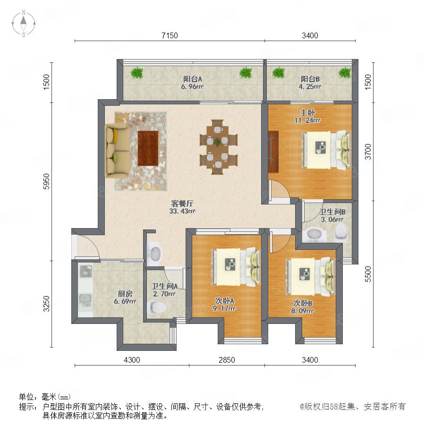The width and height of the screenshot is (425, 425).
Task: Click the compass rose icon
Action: click(24, 23)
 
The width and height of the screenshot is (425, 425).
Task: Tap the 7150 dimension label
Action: click(170, 35)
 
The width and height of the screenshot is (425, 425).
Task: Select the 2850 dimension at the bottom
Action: click(227, 360)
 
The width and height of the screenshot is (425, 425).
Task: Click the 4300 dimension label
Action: click(132, 360)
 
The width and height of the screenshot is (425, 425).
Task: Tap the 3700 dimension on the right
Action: click(368, 152)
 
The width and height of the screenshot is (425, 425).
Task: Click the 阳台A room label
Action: click(193, 79)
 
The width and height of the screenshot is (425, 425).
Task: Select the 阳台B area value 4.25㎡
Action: click(310, 87)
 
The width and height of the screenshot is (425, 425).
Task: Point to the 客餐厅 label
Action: click(182, 203)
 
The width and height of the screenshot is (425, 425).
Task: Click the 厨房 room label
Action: click(125, 294)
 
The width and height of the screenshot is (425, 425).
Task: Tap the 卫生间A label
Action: click(164, 286)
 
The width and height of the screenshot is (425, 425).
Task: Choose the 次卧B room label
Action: click(303, 303)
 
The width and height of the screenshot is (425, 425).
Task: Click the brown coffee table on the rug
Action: click(148, 148)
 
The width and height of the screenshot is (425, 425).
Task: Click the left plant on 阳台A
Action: click(137, 73)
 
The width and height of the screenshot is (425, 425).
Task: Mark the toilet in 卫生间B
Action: click(341, 232)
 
